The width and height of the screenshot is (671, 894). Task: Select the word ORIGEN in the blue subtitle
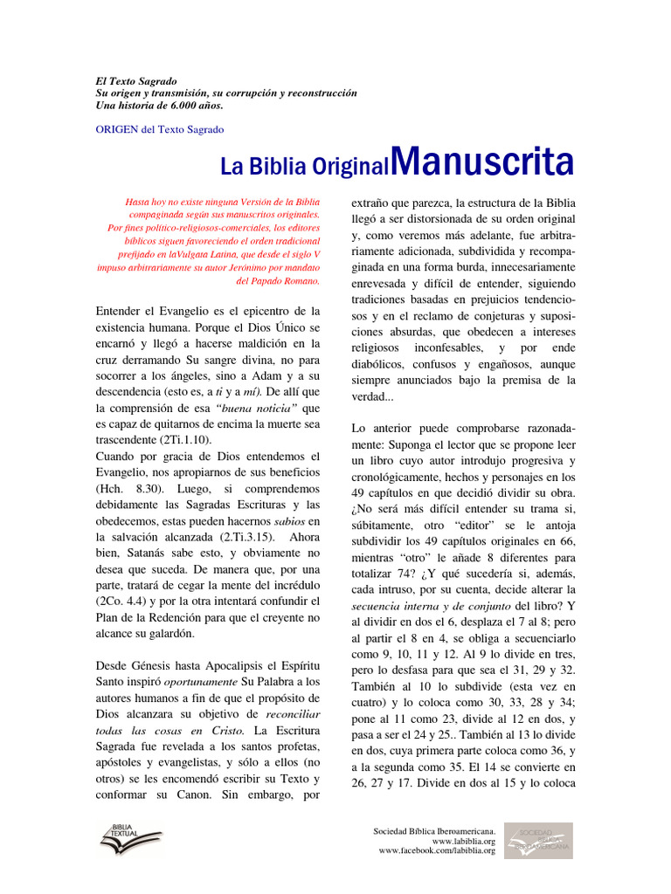click(114, 129)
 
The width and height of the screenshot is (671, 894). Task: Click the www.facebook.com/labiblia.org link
click(437, 850)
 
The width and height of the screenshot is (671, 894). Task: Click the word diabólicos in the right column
click(381, 363)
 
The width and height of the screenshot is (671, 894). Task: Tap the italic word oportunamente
click(195, 682)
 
